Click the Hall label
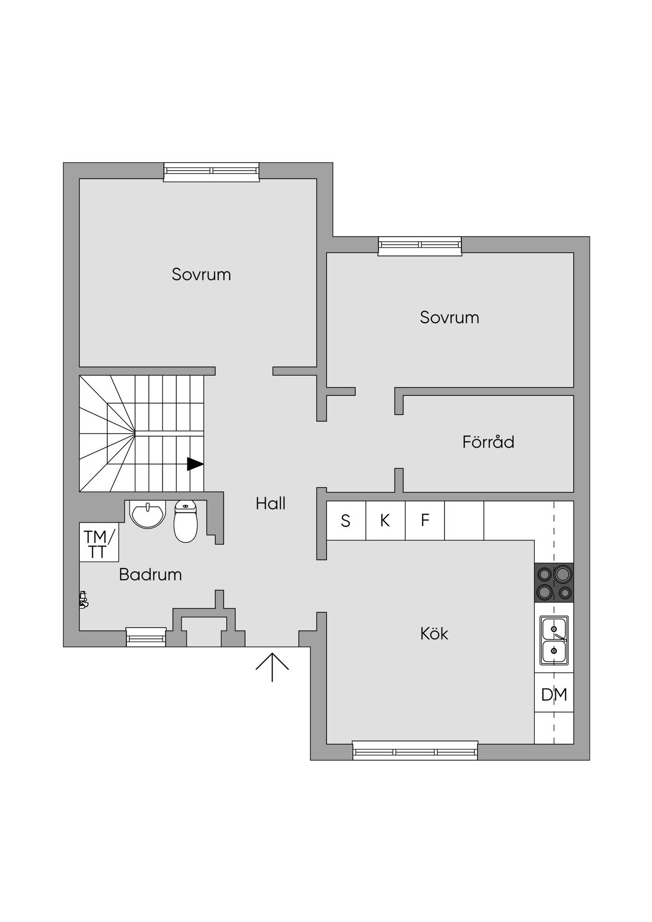(x=271, y=503)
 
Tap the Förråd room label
(x=488, y=441)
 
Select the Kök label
(x=434, y=633)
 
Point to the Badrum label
(x=150, y=574)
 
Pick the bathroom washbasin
(x=148, y=514)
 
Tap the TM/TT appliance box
(x=99, y=542)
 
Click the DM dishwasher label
(x=554, y=694)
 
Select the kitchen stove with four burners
(x=554, y=582)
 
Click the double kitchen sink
(x=554, y=641)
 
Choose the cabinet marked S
(x=346, y=521)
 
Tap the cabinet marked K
(x=385, y=521)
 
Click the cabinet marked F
(x=425, y=521)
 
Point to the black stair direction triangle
(x=195, y=464)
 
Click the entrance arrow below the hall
(x=272, y=667)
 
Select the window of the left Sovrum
(x=211, y=172)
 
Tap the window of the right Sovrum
(x=420, y=246)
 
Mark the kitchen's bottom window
(x=415, y=751)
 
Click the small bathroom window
(x=146, y=637)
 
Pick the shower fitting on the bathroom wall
(x=84, y=600)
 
